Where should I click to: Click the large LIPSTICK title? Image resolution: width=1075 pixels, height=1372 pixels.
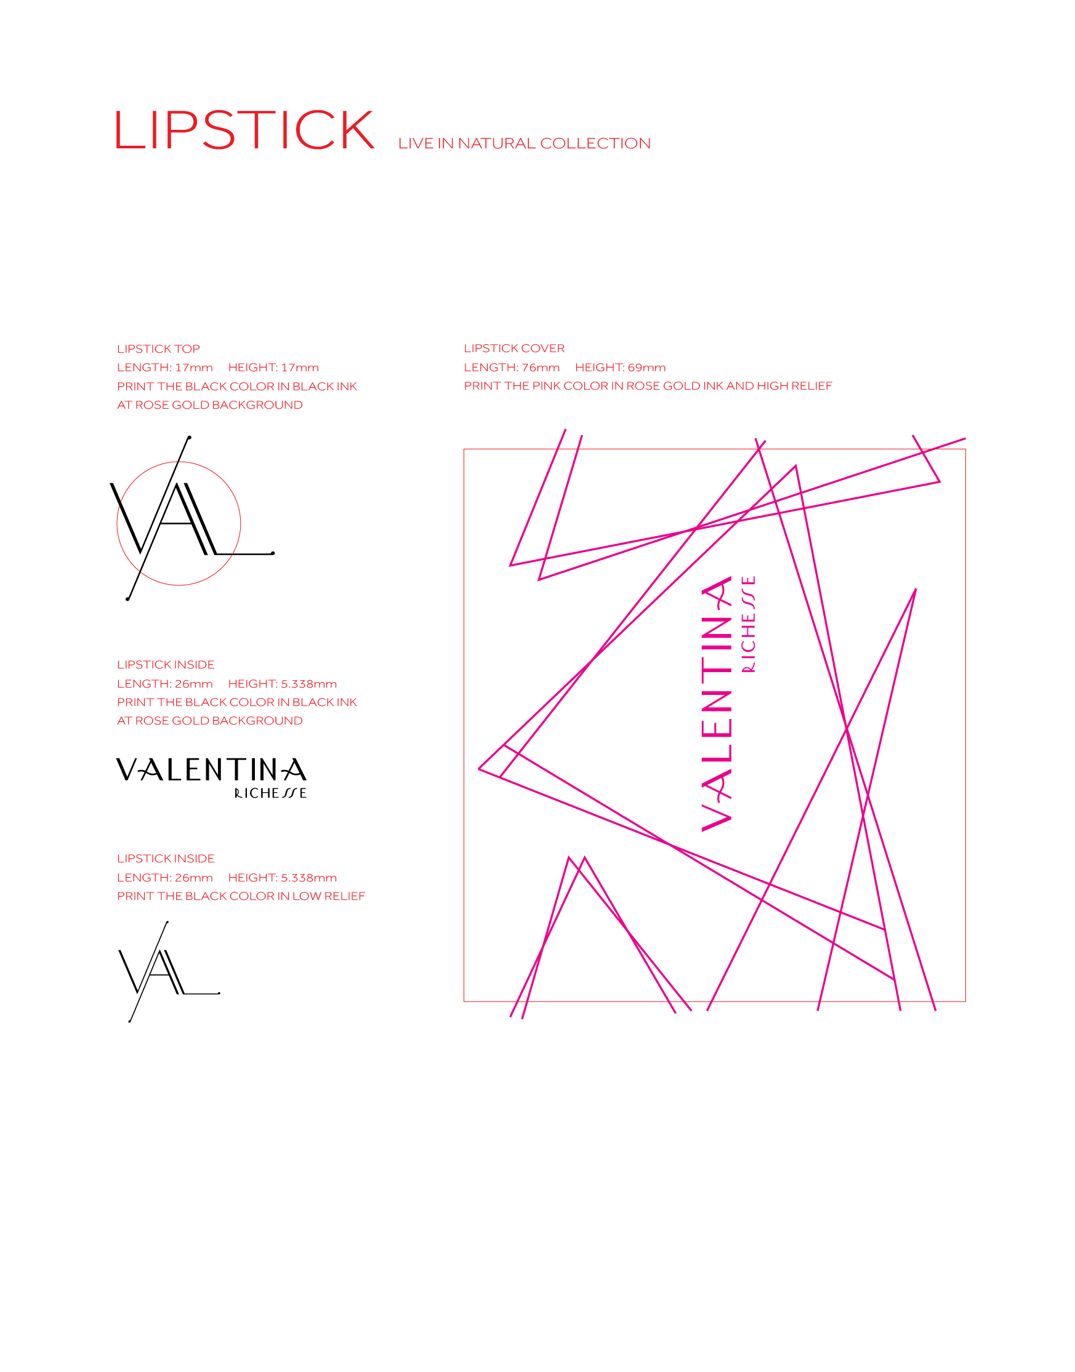point(245,130)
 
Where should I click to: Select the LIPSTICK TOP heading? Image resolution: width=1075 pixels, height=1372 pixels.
point(158,349)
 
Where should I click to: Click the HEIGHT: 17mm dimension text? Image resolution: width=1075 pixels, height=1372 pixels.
point(273,367)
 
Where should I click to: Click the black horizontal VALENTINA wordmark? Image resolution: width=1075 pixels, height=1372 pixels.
point(211,769)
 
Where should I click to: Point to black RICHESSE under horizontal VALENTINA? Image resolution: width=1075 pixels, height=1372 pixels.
point(270,794)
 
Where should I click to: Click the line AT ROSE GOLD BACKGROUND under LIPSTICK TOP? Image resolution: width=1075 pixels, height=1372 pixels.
point(209,405)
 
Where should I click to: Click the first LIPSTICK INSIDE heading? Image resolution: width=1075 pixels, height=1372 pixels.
point(166,665)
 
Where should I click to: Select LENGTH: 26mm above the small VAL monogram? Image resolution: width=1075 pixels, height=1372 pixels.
point(164,878)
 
